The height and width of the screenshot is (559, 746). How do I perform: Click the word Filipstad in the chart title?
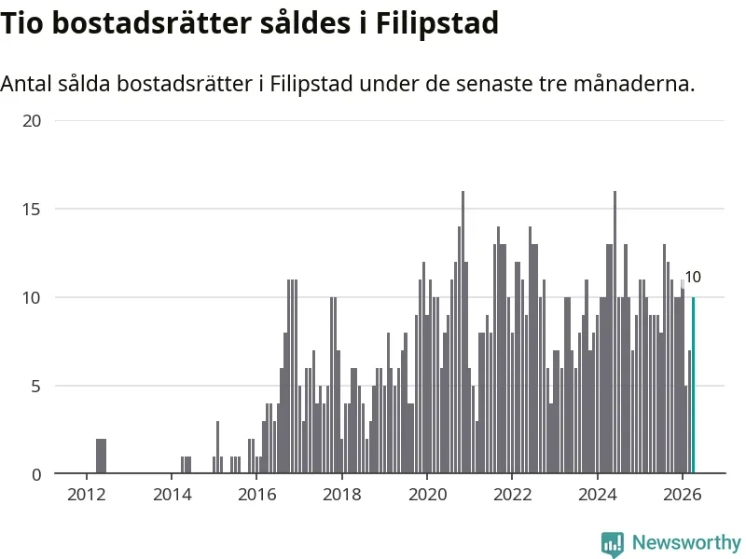tap(437, 23)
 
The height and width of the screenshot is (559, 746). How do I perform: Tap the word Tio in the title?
tap(21, 22)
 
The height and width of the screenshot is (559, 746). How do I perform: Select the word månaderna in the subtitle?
tap(634, 84)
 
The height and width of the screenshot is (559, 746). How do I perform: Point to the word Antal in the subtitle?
tap(26, 84)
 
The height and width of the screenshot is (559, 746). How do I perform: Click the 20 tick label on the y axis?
tap(32, 121)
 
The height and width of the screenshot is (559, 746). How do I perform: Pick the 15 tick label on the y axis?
tap(32, 209)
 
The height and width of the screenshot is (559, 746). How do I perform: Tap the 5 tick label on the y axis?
tap(36, 386)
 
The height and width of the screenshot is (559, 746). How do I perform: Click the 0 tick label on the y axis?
tap(36, 474)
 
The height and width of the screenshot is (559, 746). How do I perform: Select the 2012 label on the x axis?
tap(86, 495)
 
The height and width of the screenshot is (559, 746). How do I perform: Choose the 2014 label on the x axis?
tap(172, 495)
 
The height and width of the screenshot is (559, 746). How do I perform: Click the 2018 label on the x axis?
tap(342, 495)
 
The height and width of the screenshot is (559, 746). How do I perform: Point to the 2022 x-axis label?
tap(512, 495)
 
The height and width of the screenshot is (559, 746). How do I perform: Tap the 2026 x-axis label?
tap(683, 495)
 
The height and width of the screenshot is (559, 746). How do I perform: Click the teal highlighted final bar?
tap(693, 385)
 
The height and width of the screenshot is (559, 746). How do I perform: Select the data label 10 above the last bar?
tap(693, 277)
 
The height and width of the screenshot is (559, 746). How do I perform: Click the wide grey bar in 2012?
tap(101, 456)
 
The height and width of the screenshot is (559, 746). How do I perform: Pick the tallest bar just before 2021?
tap(463, 333)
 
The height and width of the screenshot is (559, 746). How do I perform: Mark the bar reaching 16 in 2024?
tap(615, 333)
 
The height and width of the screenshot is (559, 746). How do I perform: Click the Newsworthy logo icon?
tap(613, 544)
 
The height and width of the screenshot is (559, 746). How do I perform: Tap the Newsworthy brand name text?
tap(686, 542)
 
